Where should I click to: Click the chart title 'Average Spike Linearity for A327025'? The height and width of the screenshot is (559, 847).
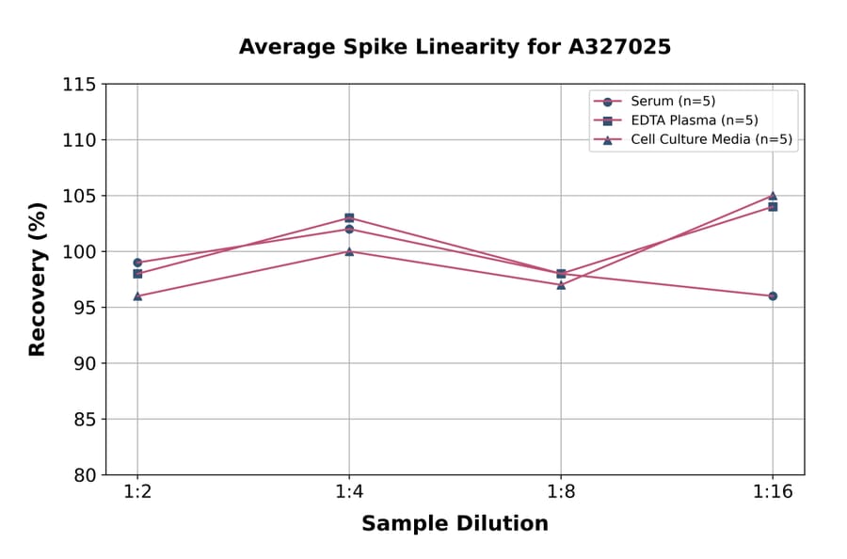coord(455,47)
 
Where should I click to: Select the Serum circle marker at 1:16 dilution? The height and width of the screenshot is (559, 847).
coord(773,295)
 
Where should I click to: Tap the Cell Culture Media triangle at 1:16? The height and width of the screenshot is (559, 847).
coord(773,196)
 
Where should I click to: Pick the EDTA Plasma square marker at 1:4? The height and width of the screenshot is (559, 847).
coord(349,218)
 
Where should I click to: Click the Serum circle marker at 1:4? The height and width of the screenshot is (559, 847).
coord(349,229)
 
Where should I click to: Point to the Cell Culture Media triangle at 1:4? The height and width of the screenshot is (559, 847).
coord(349,251)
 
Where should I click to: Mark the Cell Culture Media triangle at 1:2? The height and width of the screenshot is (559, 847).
coord(137,295)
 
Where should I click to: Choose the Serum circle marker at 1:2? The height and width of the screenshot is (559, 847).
coord(137,263)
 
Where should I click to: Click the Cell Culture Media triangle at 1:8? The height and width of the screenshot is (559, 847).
coord(561,284)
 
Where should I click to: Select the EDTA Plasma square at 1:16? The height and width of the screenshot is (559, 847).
coord(773,207)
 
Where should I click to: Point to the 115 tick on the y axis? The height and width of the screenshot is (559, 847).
coord(79,85)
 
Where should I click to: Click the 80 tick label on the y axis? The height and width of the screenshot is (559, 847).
coord(84,475)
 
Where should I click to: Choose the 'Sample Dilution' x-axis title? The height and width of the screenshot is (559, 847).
coord(455,524)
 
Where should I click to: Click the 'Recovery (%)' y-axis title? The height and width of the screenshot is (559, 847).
coord(38,279)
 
